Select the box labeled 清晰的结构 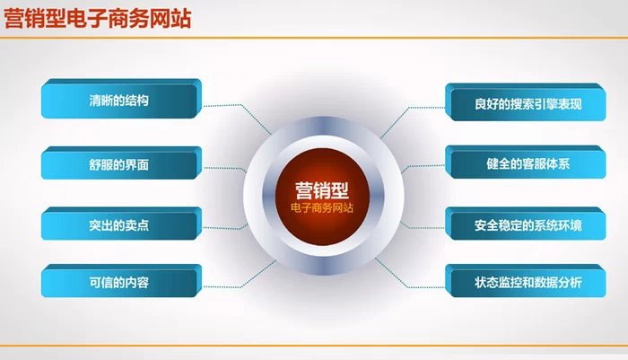(x=121, y=100)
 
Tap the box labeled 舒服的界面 (x=121, y=164)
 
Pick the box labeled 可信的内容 (x=121, y=282)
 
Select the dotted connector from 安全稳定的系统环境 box (x=422, y=224)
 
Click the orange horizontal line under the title (x=314, y=38)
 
